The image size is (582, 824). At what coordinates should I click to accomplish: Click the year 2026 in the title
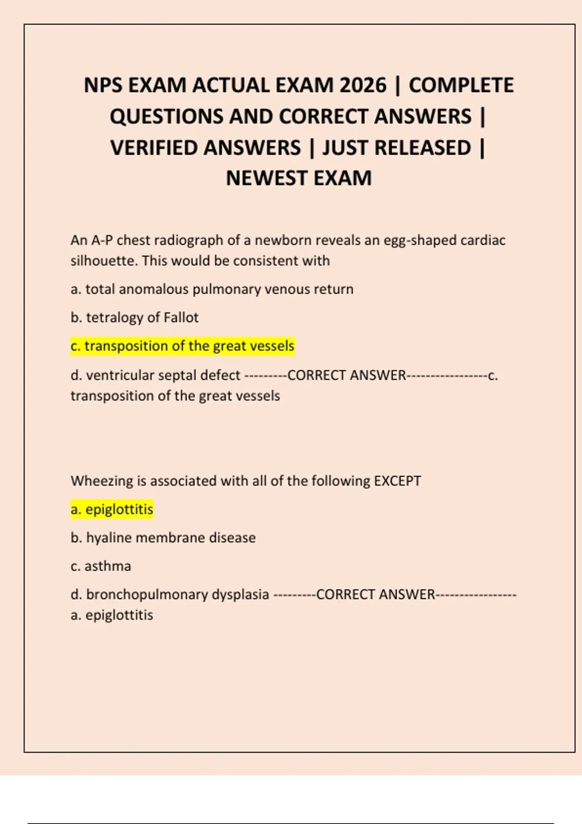tap(363, 86)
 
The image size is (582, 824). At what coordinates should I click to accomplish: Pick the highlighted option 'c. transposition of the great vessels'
tap(182, 346)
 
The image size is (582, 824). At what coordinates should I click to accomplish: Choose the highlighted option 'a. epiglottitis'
tap(112, 509)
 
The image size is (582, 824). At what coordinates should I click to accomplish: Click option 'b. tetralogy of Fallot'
tap(134, 317)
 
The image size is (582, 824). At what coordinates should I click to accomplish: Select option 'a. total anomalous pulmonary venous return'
tap(212, 289)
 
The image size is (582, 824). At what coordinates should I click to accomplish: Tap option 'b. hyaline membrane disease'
tap(163, 538)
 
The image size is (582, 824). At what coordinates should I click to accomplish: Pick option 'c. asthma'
tap(101, 566)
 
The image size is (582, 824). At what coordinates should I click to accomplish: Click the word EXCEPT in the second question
tap(397, 481)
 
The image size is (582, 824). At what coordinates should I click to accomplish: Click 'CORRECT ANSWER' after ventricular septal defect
tap(346, 376)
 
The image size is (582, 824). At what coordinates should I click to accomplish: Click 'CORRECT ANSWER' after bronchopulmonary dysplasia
tap(375, 595)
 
